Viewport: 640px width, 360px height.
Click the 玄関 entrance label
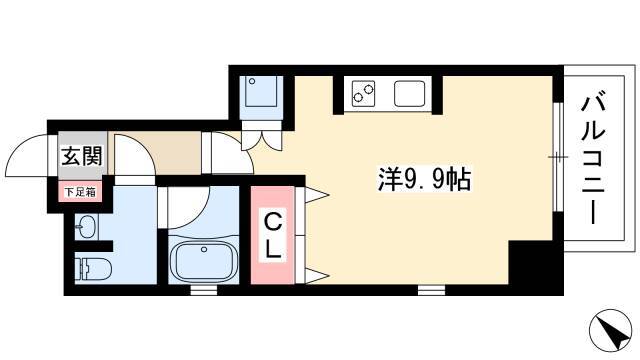tap(81, 156)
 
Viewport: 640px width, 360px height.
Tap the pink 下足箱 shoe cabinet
tap(80, 192)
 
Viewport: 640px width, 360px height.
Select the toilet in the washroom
tap(93, 268)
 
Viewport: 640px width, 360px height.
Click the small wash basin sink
tap(86, 227)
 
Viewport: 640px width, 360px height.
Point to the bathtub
tap(204, 260)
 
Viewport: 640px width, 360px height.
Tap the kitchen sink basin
tap(409, 93)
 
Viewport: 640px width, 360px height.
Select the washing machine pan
tap(261, 92)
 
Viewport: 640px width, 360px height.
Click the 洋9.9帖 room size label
tap(424, 179)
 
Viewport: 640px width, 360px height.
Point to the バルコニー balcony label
tap(593, 160)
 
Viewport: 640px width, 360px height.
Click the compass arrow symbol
tap(611, 330)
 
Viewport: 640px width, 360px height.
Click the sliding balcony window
tap(558, 157)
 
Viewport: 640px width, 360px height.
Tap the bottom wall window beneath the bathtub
tap(204, 290)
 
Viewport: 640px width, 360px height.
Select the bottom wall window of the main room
tap(431, 290)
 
